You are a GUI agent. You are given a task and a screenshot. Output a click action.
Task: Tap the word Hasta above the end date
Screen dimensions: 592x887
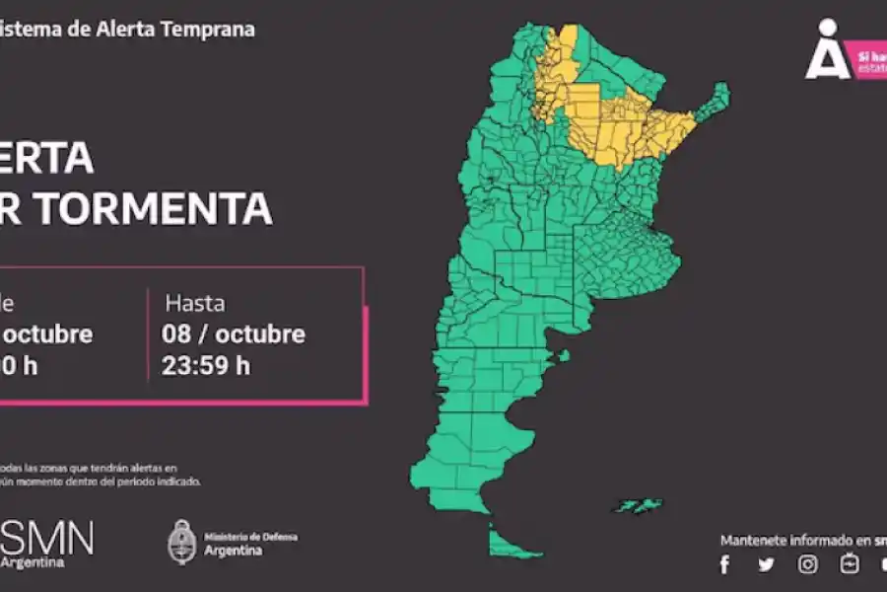coord(194,302)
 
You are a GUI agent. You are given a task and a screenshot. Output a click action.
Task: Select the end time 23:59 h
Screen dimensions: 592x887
coord(206,365)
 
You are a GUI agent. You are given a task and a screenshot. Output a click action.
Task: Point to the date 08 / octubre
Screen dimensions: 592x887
coord(234,333)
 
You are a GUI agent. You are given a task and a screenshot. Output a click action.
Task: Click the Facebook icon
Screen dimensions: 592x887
coord(725,564)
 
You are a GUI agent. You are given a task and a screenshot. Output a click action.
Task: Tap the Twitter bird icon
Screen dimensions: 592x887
coord(766,564)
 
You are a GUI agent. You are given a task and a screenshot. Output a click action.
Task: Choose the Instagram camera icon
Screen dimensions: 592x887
coord(808,564)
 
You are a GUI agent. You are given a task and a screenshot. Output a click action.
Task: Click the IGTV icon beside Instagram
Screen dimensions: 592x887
coord(850,564)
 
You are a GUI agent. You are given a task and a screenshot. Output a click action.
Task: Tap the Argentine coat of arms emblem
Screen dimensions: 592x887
coord(182,543)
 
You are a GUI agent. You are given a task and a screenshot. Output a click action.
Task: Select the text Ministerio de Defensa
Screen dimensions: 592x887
coord(250,537)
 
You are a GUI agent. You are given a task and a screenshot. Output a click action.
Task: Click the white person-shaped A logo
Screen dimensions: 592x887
coord(827,50)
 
